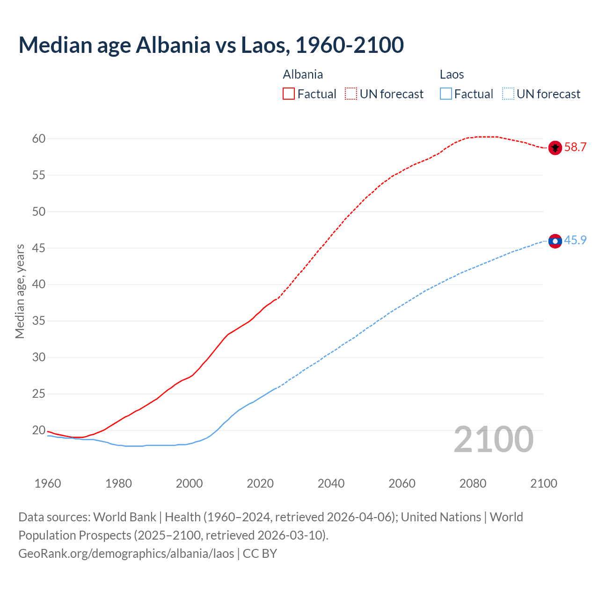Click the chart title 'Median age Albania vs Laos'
click(211, 45)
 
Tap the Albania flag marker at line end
click(555, 148)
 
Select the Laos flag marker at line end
click(555, 241)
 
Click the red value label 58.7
click(575, 147)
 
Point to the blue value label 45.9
click(575, 241)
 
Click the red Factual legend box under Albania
click(289, 94)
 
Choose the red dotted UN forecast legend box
click(351, 94)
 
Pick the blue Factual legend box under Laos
click(446, 94)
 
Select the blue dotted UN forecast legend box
click(508, 94)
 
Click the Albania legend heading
click(303, 75)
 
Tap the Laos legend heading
click(452, 75)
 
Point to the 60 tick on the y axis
click(39, 139)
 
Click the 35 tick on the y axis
click(39, 321)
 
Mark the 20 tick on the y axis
click(39, 430)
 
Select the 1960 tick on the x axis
click(48, 483)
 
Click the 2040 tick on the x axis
click(331, 483)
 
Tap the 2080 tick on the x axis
click(473, 483)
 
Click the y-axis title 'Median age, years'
click(20, 291)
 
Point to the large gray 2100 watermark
click(493, 439)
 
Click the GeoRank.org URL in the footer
click(126, 554)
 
